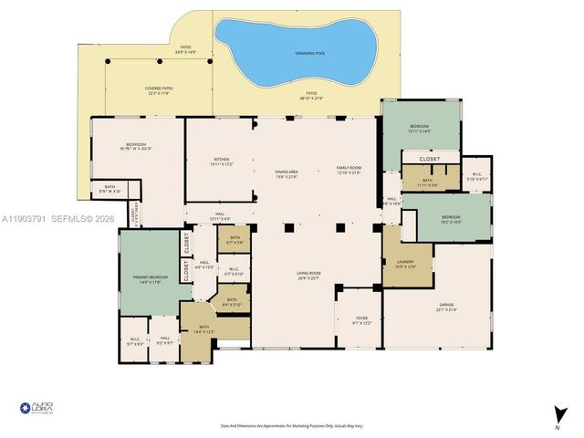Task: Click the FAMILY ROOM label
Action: click(x=349, y=170)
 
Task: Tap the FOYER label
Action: click(x=361, y=319)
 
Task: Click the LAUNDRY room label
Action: click(x=404, y=264)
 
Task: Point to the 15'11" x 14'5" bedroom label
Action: click(x=420, y=129)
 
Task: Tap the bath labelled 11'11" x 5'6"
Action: click(x=428, y=182)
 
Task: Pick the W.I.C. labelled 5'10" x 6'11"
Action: click(x=477, y=177)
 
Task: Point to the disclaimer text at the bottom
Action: click(x=291, y=425)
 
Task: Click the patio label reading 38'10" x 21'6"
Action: click(x=312, y=97)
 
